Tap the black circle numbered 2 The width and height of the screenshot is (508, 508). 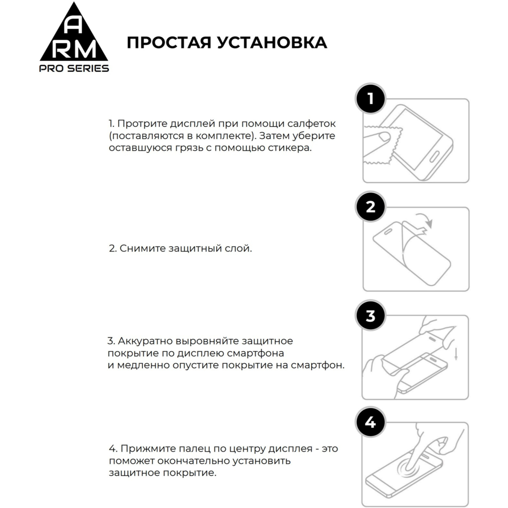coord(370,207)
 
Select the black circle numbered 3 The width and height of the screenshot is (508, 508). coord(370,316)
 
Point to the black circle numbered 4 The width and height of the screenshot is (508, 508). coord(370,423)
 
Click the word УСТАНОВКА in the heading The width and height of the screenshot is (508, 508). coord(271,43)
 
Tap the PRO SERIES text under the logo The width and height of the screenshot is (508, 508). coord(74,68)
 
